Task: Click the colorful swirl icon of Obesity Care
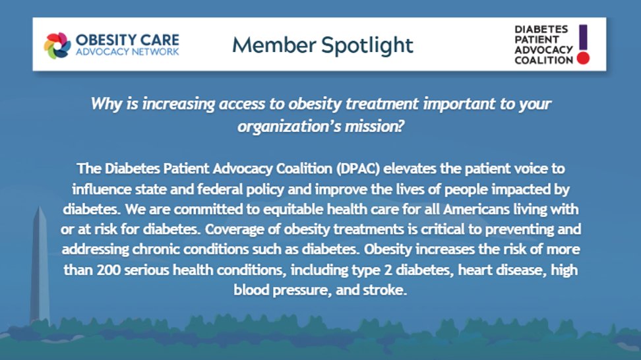click(x=57, y=45)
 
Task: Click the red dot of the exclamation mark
click(x=582, y=58)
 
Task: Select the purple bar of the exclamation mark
click(x=582, y=36)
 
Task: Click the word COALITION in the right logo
click(x=544, y=60)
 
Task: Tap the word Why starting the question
click(x=104, y=104)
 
